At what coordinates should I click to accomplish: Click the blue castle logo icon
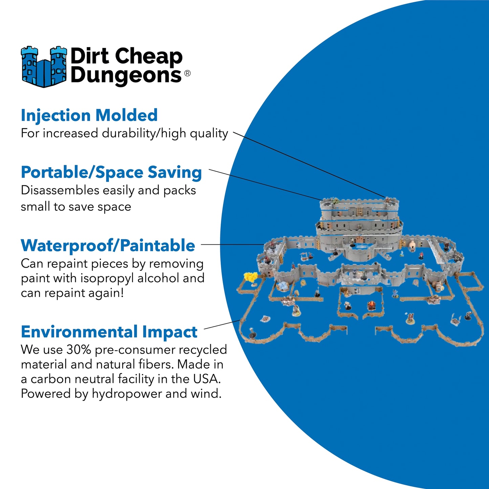tap(44, 67)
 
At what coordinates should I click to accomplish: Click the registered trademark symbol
tap(187, 73)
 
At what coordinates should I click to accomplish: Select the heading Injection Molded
tap(89, 115)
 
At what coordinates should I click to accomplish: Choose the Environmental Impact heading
tap(109, 332)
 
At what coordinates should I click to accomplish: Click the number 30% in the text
tap(79, 350)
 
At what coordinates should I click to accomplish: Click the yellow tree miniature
tap(251, 277)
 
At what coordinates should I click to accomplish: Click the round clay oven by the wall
tap(413, 245)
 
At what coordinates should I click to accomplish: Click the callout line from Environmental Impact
tap(222, 324)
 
